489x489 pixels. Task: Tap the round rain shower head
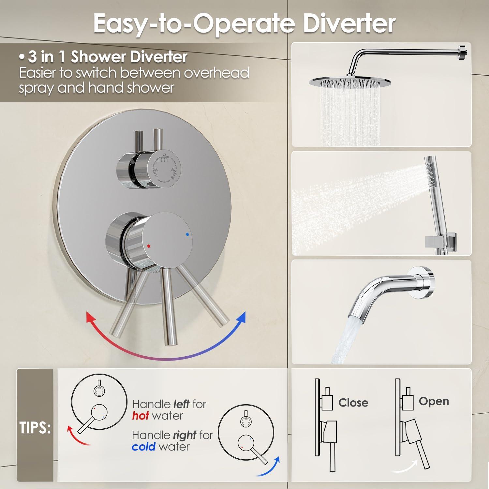(x=345, y=81)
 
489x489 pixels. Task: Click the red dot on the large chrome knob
(x=149, y=246)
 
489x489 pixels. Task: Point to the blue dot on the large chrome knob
(x=187, y=234)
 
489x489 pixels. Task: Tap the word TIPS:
(x=35, y=428)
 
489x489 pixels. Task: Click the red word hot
(x=141, y=416)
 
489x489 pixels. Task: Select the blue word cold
(x=143, y=447)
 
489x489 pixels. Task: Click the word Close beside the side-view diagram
(x=353, y=403)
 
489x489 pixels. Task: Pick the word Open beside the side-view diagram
(x=434, y=401)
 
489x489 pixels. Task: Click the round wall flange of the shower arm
(x=465, y=53)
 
